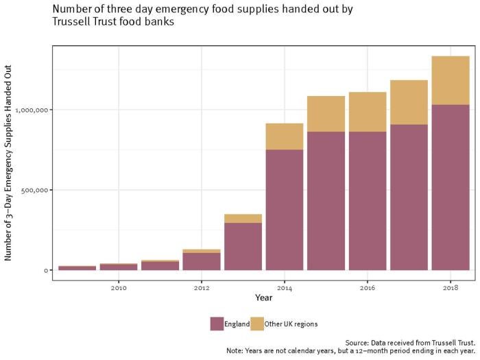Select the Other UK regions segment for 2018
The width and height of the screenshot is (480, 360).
[x=451, y=80]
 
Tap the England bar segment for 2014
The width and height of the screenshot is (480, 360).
[x=285, y=210]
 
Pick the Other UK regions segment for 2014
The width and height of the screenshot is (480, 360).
[x=285, y=136]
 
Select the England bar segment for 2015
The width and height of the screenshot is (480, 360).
[x=326, y=201]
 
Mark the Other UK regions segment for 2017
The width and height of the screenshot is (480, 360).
[x=409, y=102]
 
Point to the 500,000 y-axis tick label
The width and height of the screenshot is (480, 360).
[x=34, y=190]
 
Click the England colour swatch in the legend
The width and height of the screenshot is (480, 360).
[x=217, y=324]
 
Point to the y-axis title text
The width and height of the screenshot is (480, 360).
[x=9, y=163]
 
